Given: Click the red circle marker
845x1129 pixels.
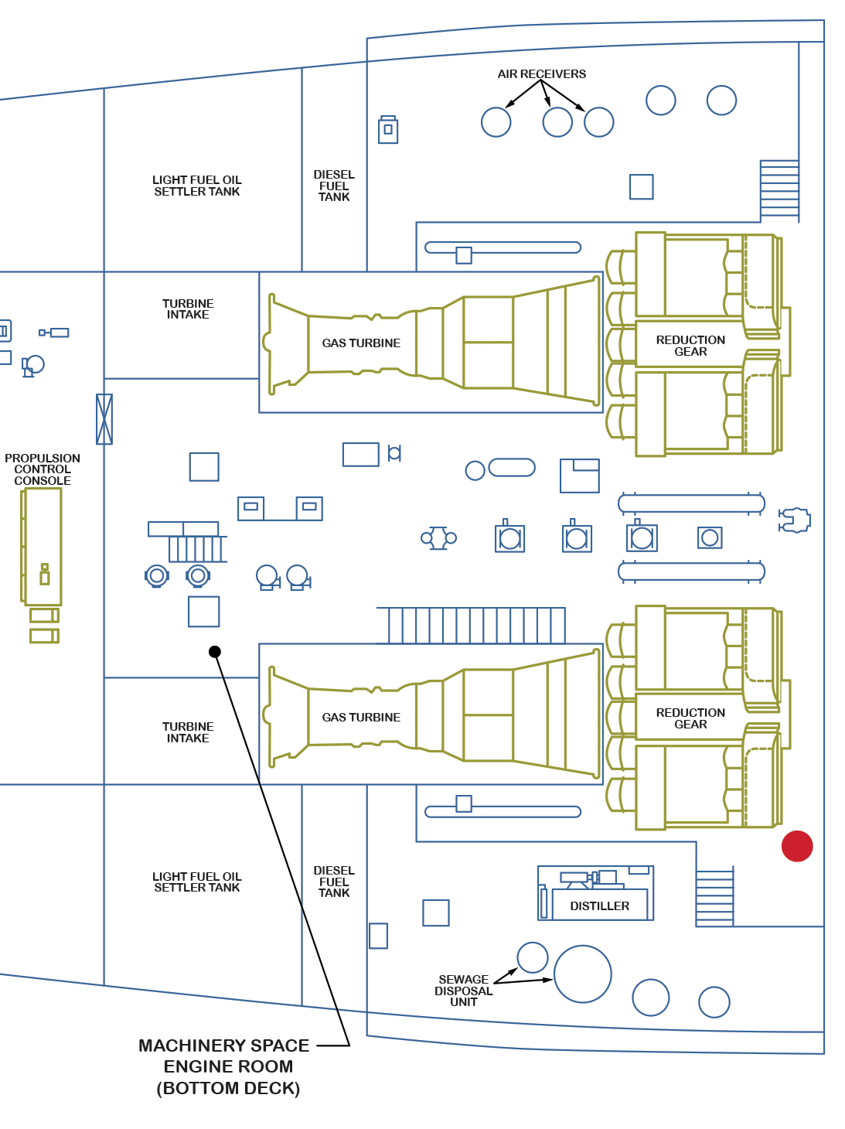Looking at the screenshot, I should coord(797,846).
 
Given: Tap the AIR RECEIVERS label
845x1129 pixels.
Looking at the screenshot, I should coord(541,74).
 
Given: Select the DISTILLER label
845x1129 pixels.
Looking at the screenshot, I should coord(599,906).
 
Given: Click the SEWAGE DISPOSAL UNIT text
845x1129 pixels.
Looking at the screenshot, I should coord(463,991).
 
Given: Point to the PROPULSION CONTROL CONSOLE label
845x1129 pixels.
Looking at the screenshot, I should coord(43,469).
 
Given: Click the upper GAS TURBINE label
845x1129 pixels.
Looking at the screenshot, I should coord(361,343).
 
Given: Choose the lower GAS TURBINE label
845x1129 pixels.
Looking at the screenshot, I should coord(361,718).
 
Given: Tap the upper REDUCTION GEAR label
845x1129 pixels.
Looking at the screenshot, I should coord(690,346).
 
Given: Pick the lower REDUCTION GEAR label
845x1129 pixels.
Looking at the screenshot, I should coord(690,718).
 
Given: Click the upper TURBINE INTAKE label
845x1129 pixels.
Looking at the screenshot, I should coord(188,309).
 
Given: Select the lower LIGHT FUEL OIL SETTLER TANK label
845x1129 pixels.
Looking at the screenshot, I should coord(197,882).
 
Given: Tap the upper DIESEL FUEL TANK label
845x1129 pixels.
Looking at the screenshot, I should coord(334,186).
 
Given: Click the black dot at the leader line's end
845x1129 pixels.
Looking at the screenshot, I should coord(215,652).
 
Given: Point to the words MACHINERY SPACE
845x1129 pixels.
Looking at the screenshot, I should coord(223,1045).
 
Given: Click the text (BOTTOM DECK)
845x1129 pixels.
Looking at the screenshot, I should coord(228,1088).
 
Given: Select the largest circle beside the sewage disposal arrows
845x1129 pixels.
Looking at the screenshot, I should coord(583,974).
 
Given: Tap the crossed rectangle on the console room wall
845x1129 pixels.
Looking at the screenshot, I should coord(104,419).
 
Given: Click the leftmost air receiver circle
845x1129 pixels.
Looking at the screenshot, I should coord(496,122).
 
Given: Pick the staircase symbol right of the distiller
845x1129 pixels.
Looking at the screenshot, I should coord(714,898).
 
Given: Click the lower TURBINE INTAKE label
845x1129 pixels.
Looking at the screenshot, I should coord(188,732).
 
